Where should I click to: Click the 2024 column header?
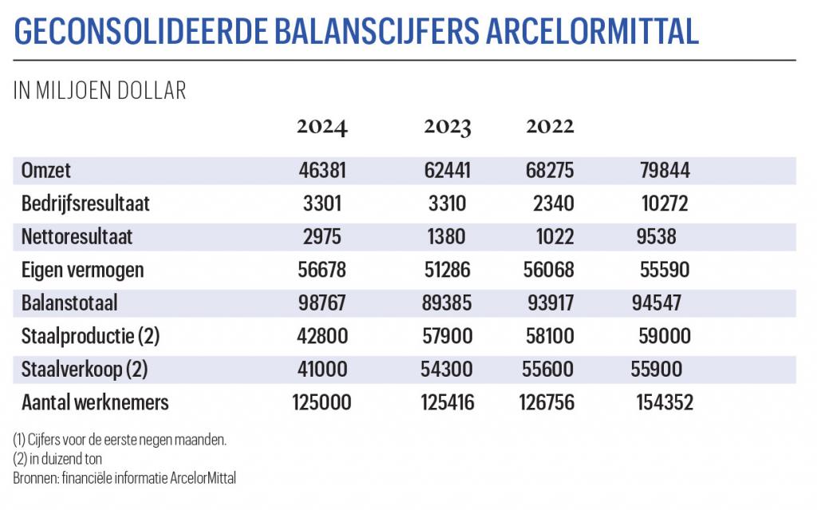[x=322, y=127]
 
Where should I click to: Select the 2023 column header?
[x=447, y=127]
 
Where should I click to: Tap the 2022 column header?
[x=550, y=127]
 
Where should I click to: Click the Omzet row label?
[x=46, y=171]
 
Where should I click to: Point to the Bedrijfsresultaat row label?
[x=85, y=204]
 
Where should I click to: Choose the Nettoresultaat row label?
[x=77, y=237]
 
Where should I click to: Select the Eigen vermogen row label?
[x=82, y=270]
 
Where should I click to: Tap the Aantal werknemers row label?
[x=95, y=402]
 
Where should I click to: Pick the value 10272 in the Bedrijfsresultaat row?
[x=665, y=204]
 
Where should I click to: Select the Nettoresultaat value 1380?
[x=447, y=237]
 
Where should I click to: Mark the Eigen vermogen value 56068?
[x=550, y=270]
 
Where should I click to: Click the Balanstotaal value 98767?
[x=322, y=303]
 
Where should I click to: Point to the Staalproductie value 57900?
[x=447, y=336]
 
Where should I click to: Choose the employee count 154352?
[x=665, y=402]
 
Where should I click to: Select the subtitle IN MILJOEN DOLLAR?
[x=100, y=91]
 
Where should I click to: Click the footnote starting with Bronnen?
[x=124, y=477]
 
